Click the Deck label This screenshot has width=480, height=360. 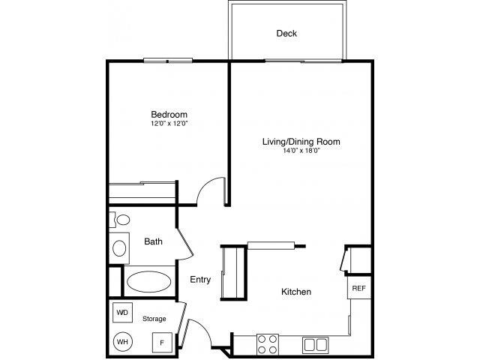click(x=286, y=33)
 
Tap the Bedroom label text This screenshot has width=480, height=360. click(x=169, y=115)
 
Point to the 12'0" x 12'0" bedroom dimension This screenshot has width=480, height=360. click(x=169, y=124)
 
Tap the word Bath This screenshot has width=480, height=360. click(x=153, y=241)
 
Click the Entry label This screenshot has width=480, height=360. click(x=199, y=280)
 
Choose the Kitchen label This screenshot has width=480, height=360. click(x=296, y=292)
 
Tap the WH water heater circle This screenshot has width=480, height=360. click(x=121, y=341)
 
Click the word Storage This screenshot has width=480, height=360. click(x=154, y=319)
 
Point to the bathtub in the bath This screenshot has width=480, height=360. click(x=148, y=282)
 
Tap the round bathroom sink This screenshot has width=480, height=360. click(x=120, y=247)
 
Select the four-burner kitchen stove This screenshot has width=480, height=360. click(x=268, y=343)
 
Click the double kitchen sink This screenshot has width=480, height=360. click(x=316, y=345)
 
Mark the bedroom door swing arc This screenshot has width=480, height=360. click(x=212, y=190)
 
